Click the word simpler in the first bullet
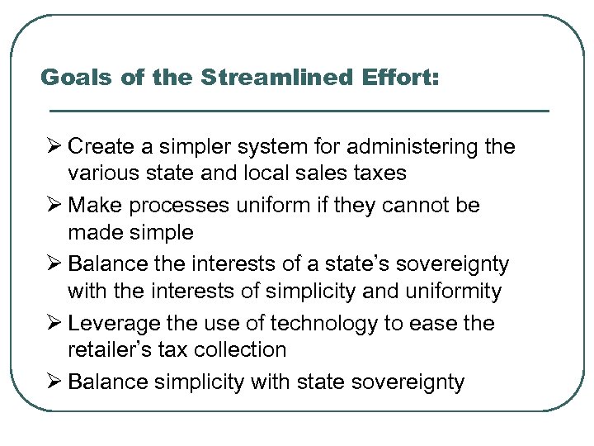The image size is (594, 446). point(182,147)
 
